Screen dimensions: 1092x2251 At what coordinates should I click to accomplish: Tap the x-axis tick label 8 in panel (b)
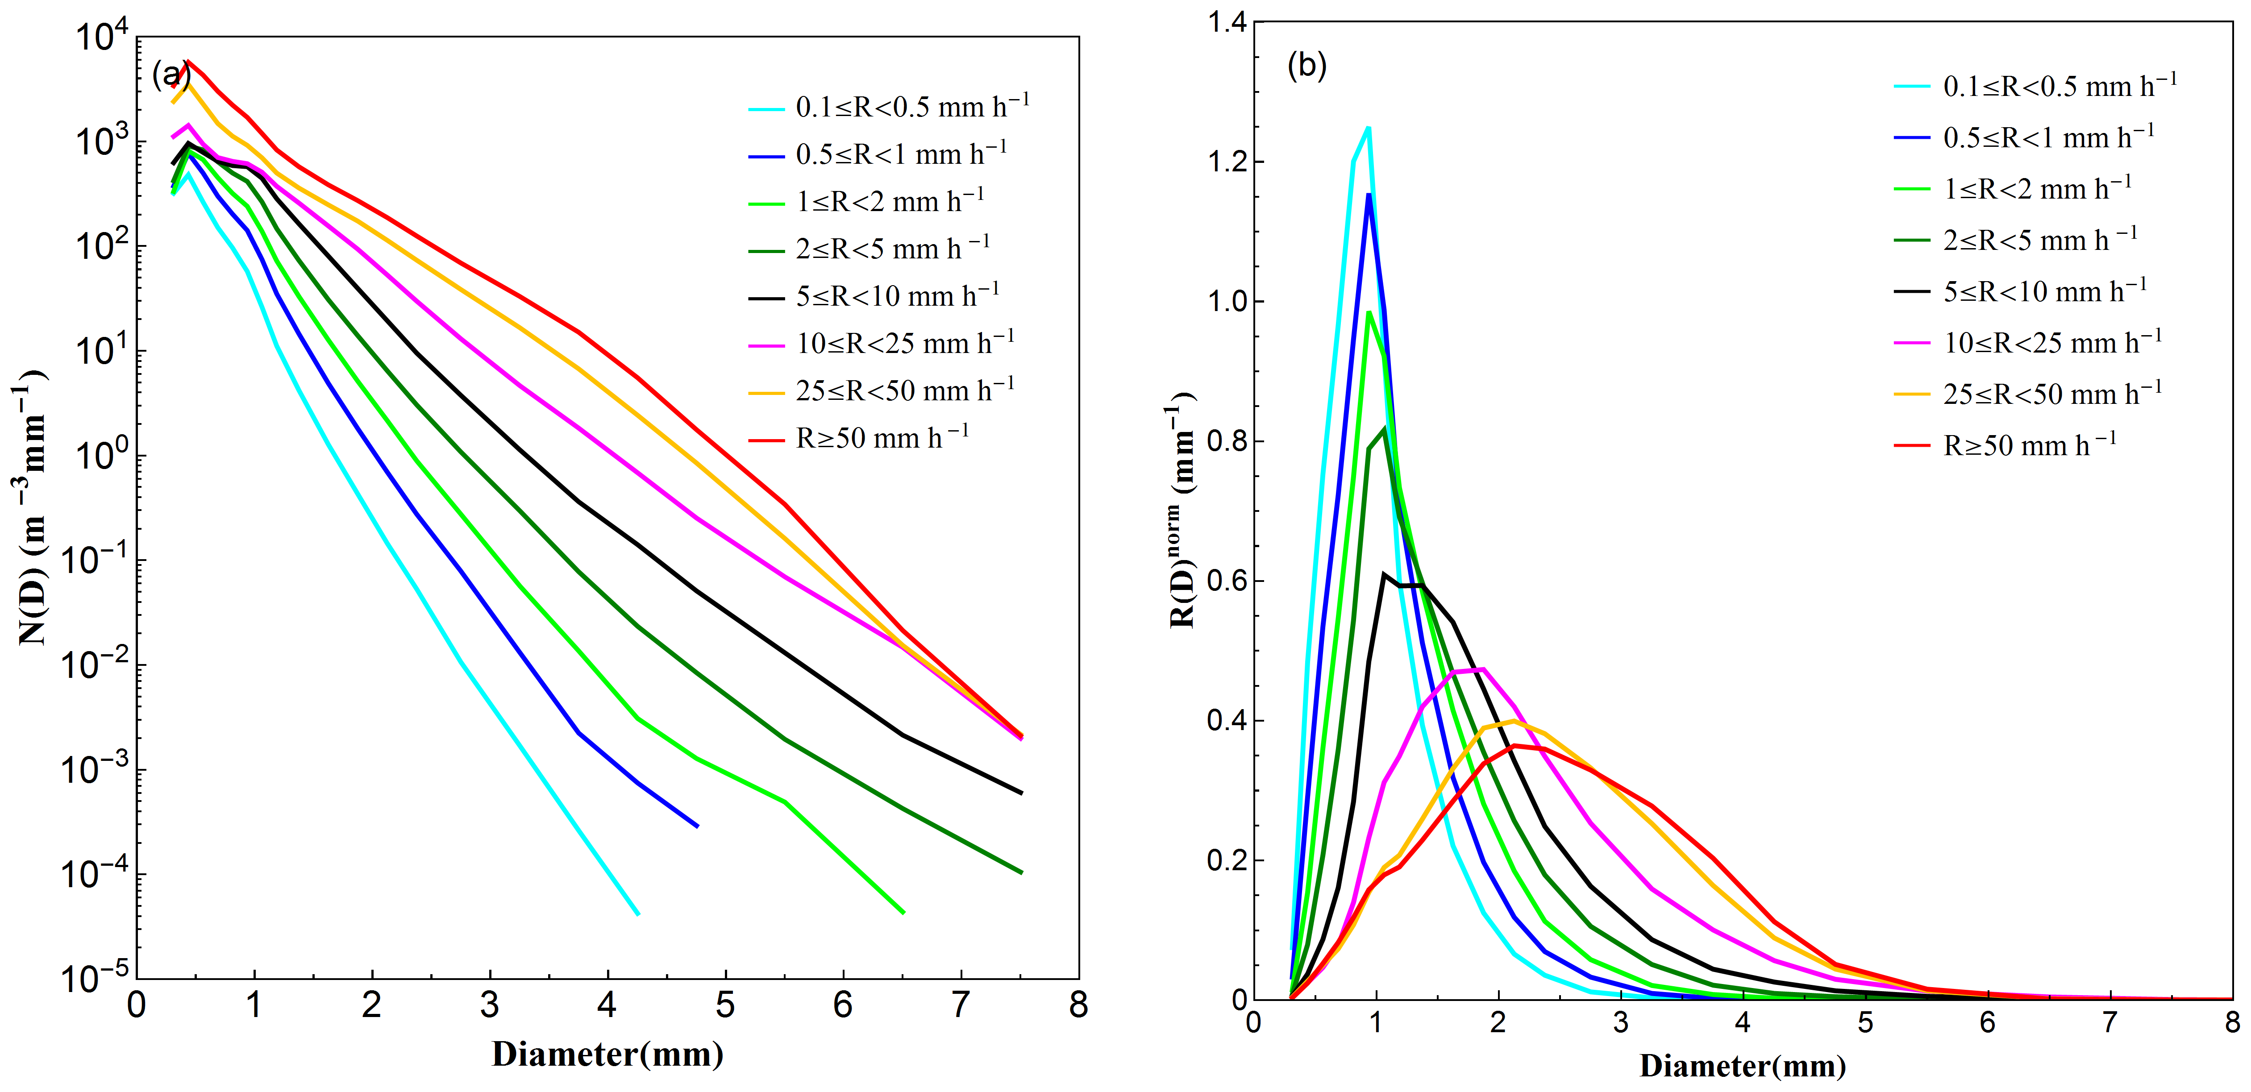(x=2232, y=1022)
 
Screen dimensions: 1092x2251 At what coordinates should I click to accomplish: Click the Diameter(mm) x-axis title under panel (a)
(x=607, y=1055)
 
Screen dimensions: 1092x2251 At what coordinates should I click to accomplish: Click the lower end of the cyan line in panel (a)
(x=638, y=914)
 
